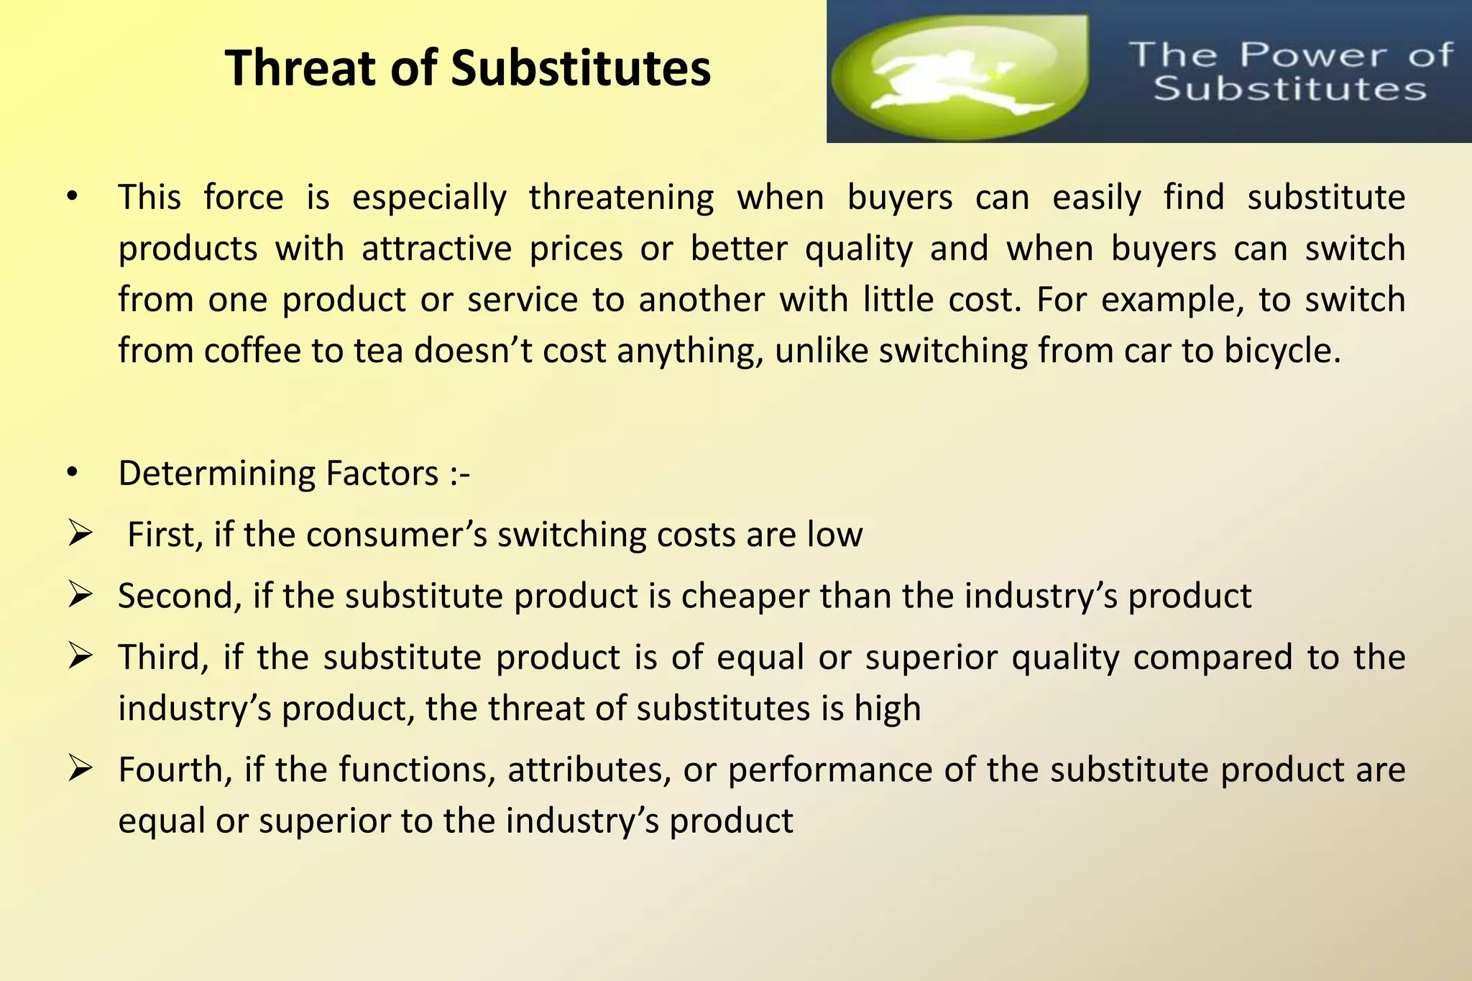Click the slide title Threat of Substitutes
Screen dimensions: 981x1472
(468, 68)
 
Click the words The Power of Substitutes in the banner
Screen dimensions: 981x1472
(1290, 72)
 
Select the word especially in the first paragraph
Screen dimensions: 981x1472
(429, 197)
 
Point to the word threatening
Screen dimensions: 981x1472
(621, 197)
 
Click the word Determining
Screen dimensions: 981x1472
(216, 474)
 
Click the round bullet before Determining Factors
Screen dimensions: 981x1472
(71, 473)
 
